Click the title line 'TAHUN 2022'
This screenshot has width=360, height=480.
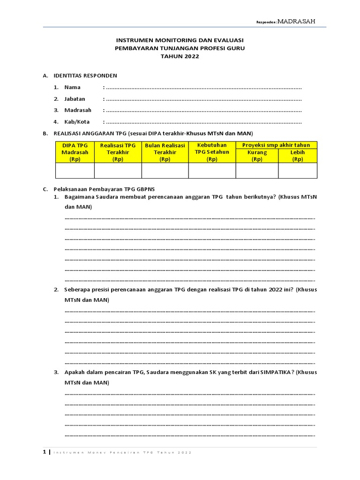point(180,56)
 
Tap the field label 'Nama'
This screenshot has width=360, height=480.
point(72,87)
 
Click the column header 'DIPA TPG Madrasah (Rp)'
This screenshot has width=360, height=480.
point(75,152)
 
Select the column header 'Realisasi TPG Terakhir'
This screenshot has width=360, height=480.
point(118,152)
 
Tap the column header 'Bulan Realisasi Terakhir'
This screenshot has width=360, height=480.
point(165,152)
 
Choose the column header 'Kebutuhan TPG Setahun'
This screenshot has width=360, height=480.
point(212,152)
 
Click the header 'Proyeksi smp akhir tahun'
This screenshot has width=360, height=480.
point(276,145)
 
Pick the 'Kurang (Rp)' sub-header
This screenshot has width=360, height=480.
point(257,156)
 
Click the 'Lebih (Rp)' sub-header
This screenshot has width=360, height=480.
point(298,156)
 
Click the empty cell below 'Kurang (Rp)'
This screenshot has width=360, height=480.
point(257,171)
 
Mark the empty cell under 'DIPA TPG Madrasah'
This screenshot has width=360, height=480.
point(75,171)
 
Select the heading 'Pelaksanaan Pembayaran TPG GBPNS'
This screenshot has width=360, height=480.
point(107,189)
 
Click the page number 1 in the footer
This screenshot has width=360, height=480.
point(45,452)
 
